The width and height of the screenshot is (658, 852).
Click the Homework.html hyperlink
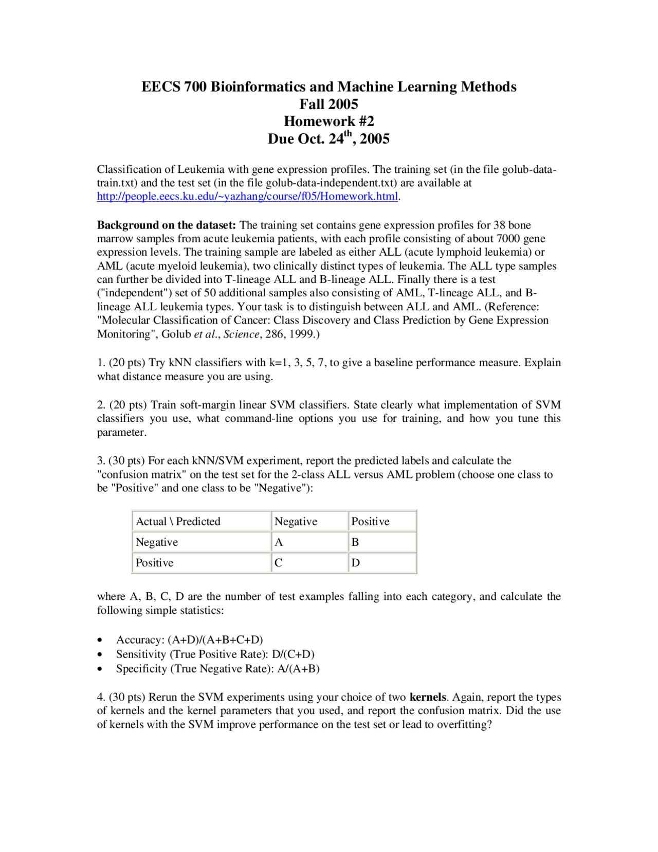247,197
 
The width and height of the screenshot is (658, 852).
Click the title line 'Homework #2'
329,121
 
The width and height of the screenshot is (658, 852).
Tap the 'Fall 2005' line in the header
329,104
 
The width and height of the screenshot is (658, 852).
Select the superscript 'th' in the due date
348,134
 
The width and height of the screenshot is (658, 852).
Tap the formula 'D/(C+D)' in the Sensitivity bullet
293,654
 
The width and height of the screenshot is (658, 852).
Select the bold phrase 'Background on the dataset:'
167,225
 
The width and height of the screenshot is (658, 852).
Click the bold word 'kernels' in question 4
428,697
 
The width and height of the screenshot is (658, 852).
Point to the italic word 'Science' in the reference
241,334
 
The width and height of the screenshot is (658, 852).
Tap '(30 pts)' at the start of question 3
126,461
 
